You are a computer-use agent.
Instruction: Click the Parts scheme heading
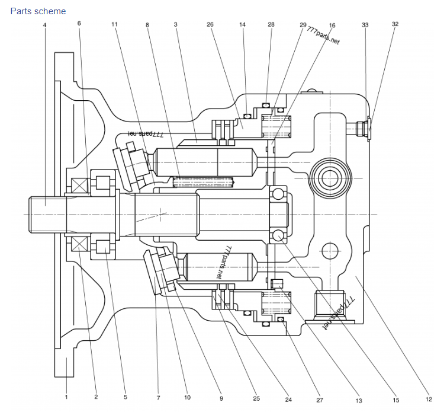pos(38,11)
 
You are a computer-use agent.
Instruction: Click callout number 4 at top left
pos(44,25)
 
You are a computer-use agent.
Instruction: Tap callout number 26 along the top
pos(210,24)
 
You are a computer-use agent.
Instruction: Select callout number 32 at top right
pos(395,24)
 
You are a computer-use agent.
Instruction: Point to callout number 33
pos(365,25)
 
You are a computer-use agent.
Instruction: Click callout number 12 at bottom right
pos(429,399)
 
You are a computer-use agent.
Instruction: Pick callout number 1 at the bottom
pos(66,397)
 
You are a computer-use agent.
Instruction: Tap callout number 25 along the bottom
pos(256,398)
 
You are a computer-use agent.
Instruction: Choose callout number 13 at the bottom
pos(359,401)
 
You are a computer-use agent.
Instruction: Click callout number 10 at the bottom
pos(187,397)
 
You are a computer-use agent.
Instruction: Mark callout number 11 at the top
pos(114,24)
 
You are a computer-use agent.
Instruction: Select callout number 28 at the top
pos(271,24)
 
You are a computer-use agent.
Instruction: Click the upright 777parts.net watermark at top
pos(324,36)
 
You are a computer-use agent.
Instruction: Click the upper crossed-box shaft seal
pos(79,186)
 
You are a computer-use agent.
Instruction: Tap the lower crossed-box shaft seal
pos(79,244)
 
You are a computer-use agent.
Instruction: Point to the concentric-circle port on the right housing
pos(330,178)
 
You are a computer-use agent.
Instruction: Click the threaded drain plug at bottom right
pos(330,305)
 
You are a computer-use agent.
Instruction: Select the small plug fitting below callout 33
pos(359,129)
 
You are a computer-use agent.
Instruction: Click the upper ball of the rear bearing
pos(278,194)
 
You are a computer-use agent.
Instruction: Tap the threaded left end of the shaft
pos(47,215)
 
